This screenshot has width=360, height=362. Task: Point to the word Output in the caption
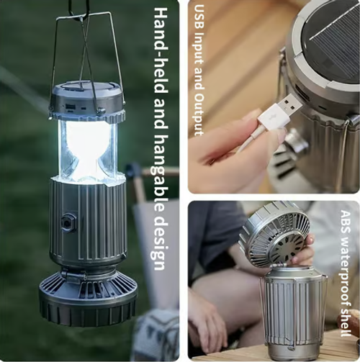pos(199,112)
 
